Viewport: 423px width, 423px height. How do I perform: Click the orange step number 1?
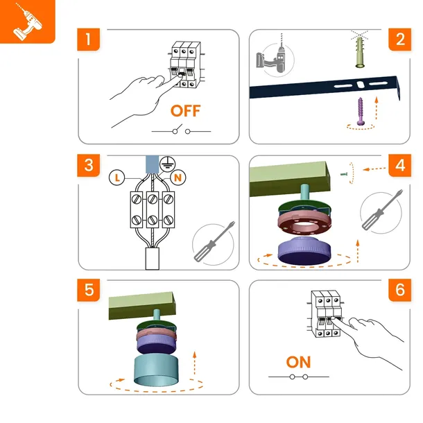pos(88,40)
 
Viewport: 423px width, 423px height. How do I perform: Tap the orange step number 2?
pos(400,40)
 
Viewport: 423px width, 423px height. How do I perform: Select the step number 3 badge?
pos(89,165)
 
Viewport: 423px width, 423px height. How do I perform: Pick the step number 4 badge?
pos(400,165)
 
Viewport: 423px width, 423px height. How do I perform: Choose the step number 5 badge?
pos(89,290)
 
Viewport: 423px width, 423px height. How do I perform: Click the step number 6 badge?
pos(400,290)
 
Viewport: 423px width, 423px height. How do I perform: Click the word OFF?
pos(186,111)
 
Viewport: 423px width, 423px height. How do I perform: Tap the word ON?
pos(298,362)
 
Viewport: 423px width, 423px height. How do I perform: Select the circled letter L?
pos(116,178)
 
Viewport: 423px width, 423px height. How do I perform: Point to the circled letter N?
pos(178,178)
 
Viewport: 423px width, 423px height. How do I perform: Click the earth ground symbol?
pos(167,164)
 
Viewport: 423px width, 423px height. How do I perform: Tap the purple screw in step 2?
pos(361,112)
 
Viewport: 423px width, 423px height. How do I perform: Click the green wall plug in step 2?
pos(360,52)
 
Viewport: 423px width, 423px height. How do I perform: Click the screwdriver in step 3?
pos(214,242)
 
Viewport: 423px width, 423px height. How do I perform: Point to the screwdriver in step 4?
pos(382,210)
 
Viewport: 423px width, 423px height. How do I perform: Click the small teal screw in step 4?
pos(344,175)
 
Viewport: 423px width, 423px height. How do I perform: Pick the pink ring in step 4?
pos(304,223)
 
